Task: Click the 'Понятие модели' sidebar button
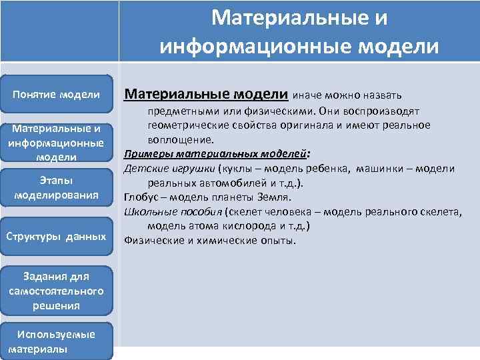(57, 95)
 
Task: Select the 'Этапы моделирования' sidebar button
(57, 188)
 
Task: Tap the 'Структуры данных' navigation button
(57, 236)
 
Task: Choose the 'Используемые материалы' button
(57, 341)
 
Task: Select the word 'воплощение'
(179, 139)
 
